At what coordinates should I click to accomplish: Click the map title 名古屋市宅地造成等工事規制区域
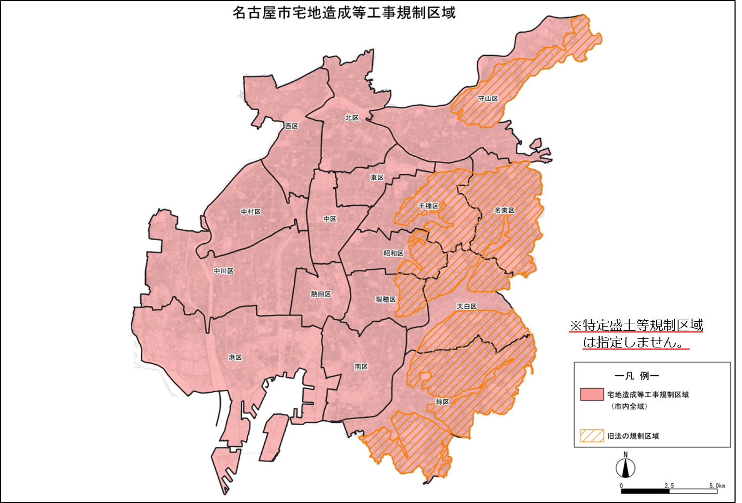point(344,12)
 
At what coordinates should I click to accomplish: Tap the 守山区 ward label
point(488,98)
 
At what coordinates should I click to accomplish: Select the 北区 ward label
point(351,118)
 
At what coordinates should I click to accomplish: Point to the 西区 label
point(292,126)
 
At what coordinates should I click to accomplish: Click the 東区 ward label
point(377,177)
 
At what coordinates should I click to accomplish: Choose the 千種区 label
point(429,206)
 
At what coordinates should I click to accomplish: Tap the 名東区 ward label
point(504,210)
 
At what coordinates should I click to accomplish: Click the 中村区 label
point(251,212)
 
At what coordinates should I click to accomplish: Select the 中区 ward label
point(330,219)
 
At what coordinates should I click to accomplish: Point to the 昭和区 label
point(393,253)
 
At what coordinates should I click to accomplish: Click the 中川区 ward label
point(224,271)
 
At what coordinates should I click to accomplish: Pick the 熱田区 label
point(321,294)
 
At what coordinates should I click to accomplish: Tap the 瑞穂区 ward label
point(386,299)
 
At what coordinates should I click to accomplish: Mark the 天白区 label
point(466,306)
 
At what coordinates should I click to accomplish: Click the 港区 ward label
point(235,357)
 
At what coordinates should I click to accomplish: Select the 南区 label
point(361,367)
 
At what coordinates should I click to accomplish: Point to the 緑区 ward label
point(442,401)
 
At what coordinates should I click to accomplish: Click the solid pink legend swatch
point(592,394)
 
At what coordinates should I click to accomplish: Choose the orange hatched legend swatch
point(592,436)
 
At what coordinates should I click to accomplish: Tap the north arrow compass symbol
point(625,467)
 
